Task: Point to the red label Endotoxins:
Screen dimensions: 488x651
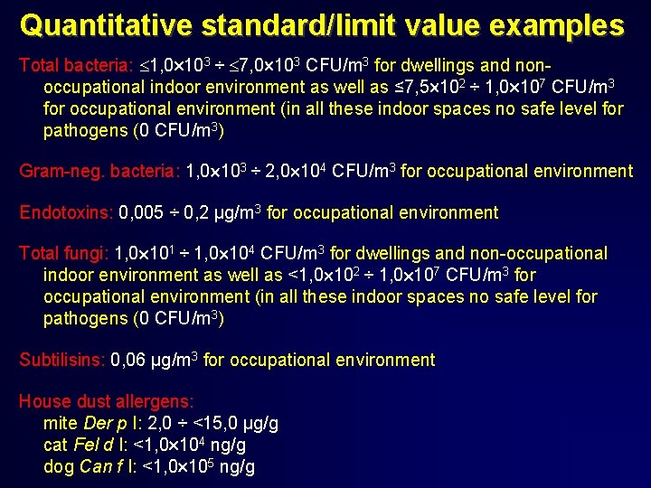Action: tap(66, 213)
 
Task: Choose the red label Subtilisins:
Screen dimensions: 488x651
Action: tap(62, 360)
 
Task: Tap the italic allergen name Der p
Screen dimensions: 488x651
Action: tap(99, 424)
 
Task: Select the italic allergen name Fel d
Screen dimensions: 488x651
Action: tap(93, 446)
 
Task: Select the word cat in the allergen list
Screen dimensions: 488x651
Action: tap(56, 446)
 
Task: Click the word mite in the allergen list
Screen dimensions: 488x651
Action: tap(61, 424)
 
